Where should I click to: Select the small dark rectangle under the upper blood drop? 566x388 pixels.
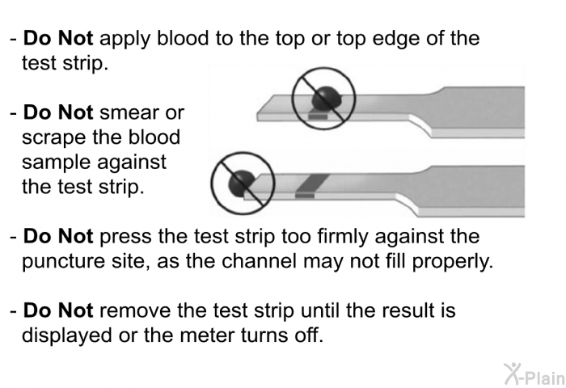(x=318, y=117)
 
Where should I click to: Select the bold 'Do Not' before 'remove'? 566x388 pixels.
(x=58, y=310)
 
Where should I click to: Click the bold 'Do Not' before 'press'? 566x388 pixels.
(x=58, y=236)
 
